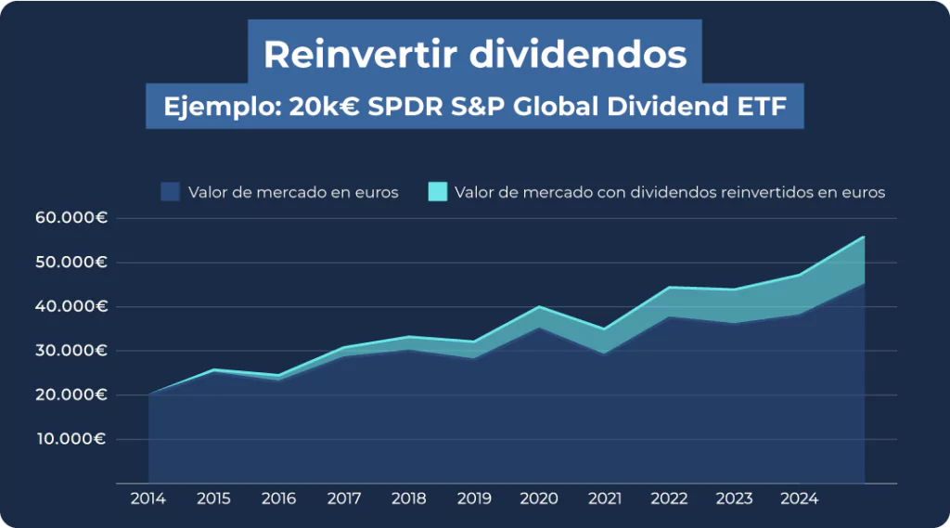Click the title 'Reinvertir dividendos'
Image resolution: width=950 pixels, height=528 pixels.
click(475, 55)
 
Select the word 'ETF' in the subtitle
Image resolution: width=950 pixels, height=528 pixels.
click(760, 107)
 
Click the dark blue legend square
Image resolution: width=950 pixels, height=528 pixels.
click(170, 192)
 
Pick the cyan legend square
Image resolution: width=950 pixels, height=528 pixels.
click(438, 192)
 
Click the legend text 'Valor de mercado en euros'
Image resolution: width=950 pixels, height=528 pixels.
click(293, 193)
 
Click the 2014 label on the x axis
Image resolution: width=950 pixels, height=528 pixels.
click(148, 499)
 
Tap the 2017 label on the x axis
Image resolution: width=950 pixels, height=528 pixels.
click(343, 499)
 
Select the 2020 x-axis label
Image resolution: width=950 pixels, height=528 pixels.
click(538, 499)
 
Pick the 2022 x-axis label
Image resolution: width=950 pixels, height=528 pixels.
click(669, 499)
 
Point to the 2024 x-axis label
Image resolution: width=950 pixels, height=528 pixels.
click(799, 499)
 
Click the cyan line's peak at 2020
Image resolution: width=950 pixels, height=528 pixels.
click(538, 307)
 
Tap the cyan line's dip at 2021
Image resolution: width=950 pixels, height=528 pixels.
click(604, 329)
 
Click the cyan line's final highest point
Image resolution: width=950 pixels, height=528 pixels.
click(864, 237)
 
